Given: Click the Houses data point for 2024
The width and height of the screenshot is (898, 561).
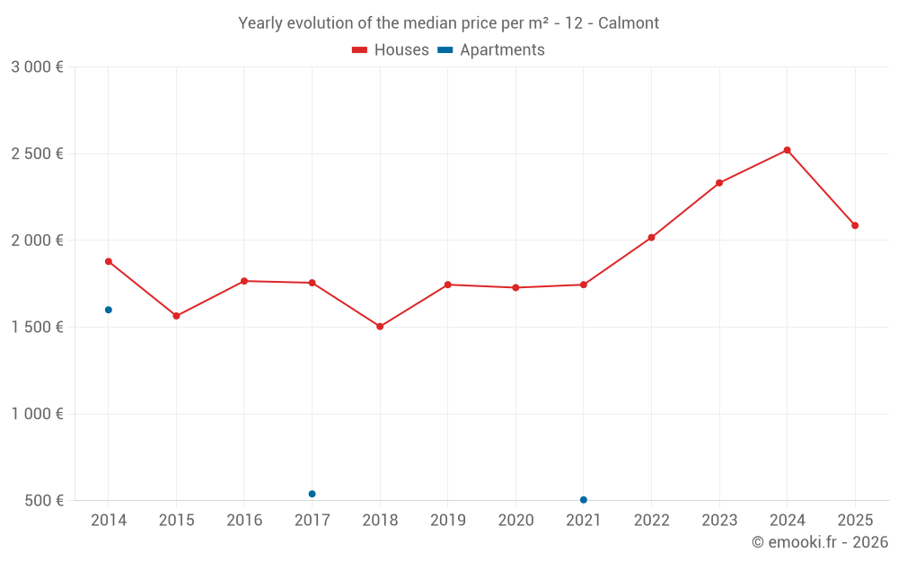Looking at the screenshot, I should click(787, 150).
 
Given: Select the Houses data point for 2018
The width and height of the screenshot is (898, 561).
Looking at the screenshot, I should click(380, 327).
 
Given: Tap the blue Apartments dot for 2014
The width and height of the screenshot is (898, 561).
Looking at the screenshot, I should click(109, 310).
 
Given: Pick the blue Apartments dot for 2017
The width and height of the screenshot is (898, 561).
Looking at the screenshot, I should click(312, 494).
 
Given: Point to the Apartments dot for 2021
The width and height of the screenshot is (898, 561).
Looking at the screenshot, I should click(584, 500).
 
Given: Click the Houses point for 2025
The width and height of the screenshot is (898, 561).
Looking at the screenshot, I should click(855, 225).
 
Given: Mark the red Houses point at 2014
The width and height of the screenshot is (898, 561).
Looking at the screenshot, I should click(109, 261).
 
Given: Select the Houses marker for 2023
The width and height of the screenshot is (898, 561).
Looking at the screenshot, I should click(719, 183).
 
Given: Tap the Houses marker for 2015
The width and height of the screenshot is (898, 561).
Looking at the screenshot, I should click(176, 316).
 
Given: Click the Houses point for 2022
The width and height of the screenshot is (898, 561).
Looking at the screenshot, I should click(651, 238).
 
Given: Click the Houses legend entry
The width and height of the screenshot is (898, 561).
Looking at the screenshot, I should click(391, 50).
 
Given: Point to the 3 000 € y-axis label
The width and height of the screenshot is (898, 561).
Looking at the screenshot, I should click(37, 67).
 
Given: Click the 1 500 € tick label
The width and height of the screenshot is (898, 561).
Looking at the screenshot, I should click(37, 327).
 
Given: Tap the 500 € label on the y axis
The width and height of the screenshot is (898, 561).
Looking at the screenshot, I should click(43, 501).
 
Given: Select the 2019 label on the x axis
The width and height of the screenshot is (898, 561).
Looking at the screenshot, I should click(447, 521).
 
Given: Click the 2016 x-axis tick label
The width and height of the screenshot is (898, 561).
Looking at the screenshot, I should click(244, 521).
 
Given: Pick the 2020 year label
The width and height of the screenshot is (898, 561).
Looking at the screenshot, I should click(515, 521).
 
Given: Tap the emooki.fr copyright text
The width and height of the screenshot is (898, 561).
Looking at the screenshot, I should click(819, 542).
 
